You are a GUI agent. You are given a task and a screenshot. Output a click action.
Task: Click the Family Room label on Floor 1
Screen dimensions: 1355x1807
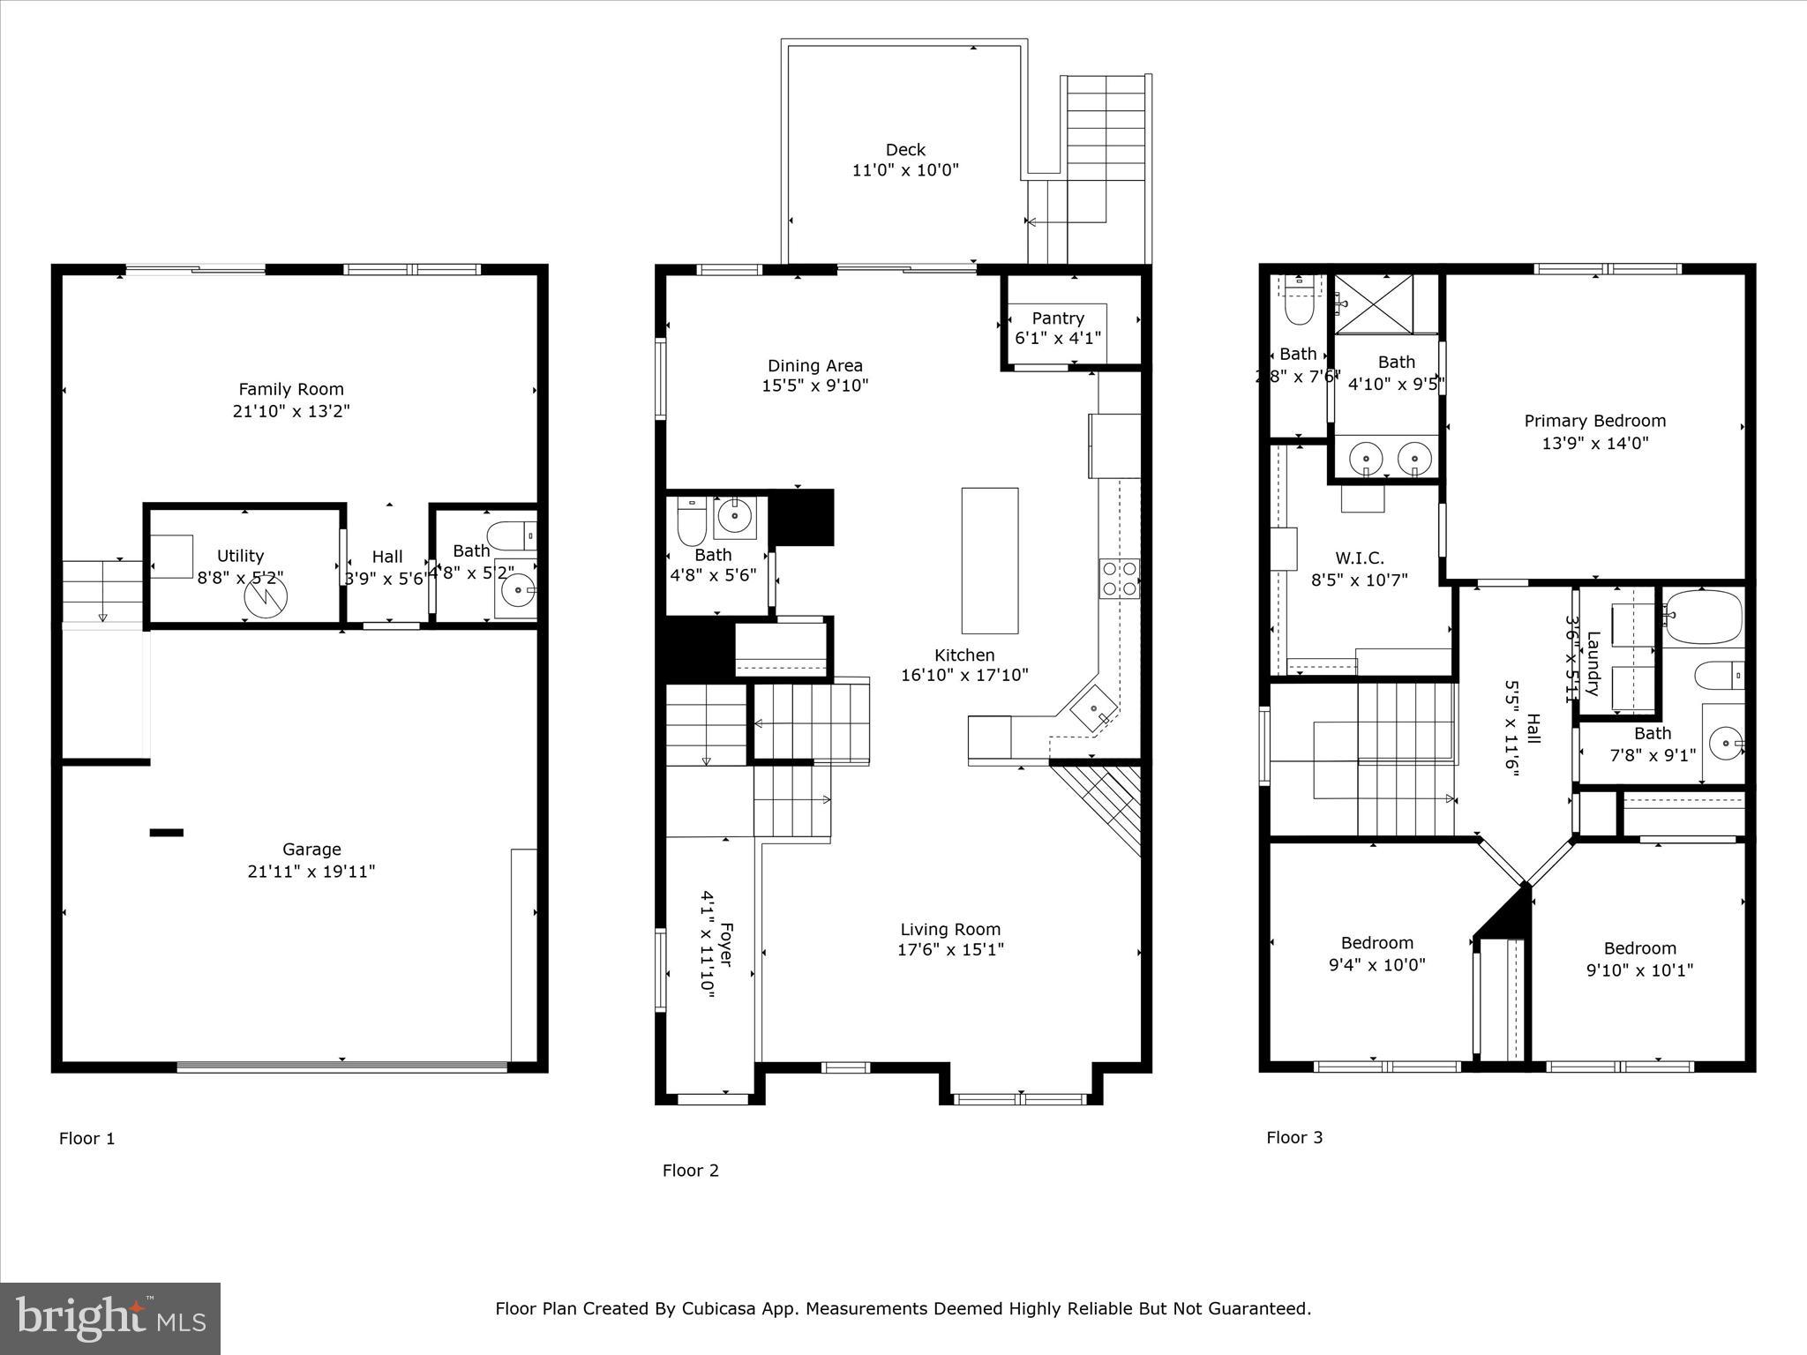click(x=291, y=389)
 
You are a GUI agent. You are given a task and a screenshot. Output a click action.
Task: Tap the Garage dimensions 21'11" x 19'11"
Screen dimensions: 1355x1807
click(x=311, y=872)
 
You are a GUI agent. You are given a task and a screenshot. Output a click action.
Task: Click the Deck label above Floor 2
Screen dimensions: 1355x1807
click(x=905, y=150)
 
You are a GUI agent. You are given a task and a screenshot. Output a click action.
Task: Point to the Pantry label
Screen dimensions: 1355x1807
click(x=1057, y=318)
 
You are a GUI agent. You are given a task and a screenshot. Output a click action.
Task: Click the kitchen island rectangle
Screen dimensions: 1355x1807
click(x=989, y=560)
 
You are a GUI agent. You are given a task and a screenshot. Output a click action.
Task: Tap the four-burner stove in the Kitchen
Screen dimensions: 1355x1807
click(x=1119, y=579)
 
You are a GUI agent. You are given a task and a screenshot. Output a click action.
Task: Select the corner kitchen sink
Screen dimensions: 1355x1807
click(x=1094, y=707)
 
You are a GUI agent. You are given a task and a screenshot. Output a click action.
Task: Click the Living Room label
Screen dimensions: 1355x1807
click(x=950, y=929)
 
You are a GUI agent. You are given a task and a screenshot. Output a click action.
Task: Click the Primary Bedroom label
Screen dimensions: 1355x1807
click(x=1594, y=421)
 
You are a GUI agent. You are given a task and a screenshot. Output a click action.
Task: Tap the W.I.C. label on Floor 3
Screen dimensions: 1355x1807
click(x=1359, y=558)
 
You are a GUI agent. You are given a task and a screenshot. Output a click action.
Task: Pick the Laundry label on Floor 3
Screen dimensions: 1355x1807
click(x=1593, y=663)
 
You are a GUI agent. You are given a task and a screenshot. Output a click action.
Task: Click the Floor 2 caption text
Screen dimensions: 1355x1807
click(x=690, y=1171)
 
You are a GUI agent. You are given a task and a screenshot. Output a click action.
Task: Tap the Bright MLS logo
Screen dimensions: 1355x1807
click(x=110, y=1318)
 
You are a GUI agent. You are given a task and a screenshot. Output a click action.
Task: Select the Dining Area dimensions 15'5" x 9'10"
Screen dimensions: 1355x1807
click(x=814, y=386)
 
